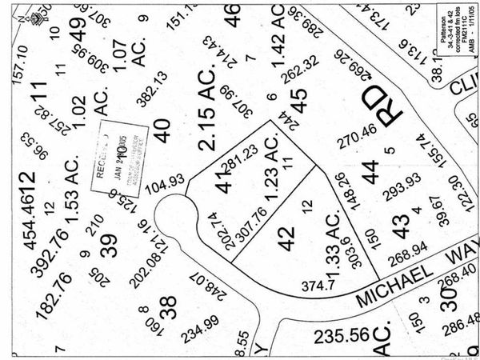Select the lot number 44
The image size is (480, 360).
[x=370, y=170]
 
